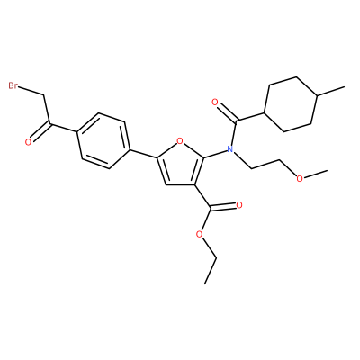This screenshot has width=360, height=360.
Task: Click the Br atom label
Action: [x=13, y=86]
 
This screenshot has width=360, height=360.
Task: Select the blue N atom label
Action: [x=229, y=148]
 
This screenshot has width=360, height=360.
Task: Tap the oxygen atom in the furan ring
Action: [x=180, y=140]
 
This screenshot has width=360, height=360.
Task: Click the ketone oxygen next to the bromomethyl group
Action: [x=28, y=142]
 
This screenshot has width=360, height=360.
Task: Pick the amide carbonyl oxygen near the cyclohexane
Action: [x=214, y=103]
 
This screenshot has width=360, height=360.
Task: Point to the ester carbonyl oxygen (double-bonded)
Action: [x=239, y=205]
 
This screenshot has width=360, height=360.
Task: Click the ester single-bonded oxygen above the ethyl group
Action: [x=199, y=234]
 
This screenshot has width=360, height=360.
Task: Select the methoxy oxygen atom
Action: [x=300, y=178]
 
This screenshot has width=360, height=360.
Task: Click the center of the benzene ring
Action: [x=103, y=140]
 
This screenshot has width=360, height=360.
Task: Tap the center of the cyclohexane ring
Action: [x=291, y=104]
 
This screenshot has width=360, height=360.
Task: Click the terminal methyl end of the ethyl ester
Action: [x=205, y=283]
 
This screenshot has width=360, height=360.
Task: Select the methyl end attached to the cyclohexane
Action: [x=345, y=87]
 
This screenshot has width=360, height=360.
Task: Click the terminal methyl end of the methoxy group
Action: [x=327, y=170]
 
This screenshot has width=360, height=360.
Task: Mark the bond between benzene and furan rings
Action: [x=144, y=153]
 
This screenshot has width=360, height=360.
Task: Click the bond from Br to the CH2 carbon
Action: [x=31, y=92]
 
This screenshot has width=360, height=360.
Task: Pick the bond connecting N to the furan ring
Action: [x=215, y=153]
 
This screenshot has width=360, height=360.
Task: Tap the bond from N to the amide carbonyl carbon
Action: [x=233, y=133]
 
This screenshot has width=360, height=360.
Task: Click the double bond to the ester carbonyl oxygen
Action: [x=222, y=207]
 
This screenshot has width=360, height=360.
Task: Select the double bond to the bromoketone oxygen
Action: [x=40, y=132]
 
